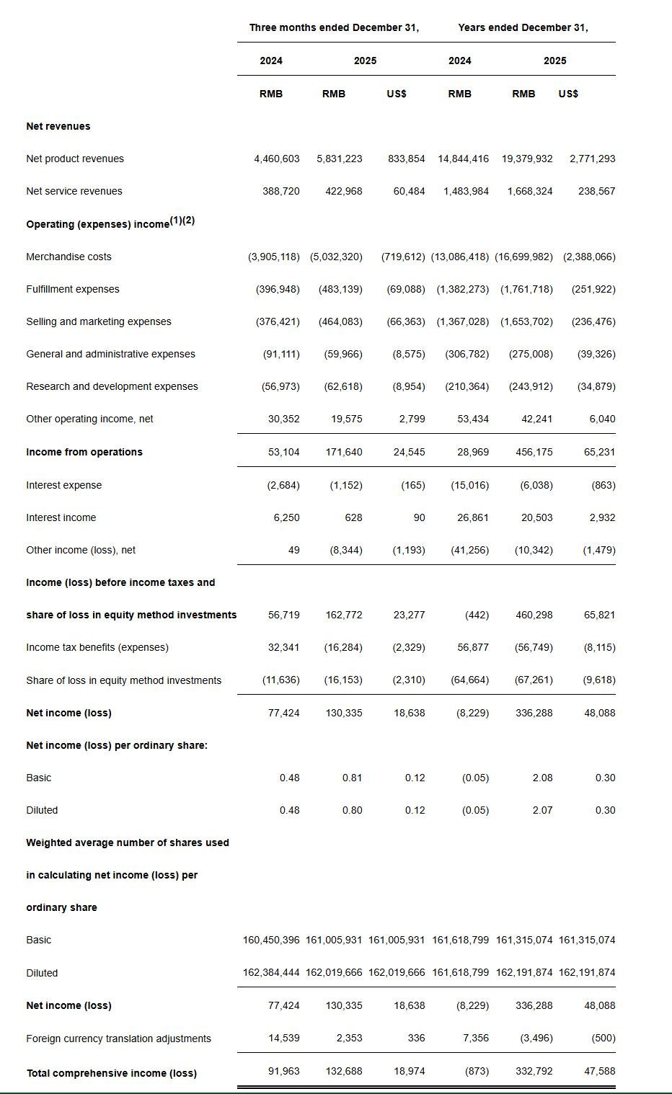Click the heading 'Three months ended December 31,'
pos(334,27)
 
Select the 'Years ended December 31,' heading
pos(523,27)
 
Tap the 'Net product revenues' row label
pos(75,159)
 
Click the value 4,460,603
pos(276,159)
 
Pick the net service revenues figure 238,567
pos(596,191)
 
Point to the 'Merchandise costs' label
pos(68,257)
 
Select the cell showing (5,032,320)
pos(336,257)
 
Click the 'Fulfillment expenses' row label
pos(73,289)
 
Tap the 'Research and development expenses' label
pos(112,386)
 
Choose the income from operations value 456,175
pos(534,452)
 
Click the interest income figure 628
pos(353,517)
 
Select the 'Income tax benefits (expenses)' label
pos(97,647)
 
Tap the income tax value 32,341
pos(283,647)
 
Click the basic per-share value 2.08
pos(542,778)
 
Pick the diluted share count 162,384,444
pos(271,972)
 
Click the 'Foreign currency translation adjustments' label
pos(118,1039)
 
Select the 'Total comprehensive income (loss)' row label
pos(112,1073)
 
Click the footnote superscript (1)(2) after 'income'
pos(182,221)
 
